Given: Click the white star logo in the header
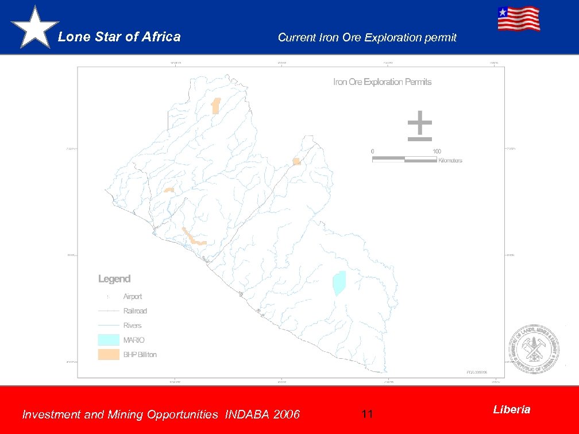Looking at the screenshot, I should click(x=34, y=28).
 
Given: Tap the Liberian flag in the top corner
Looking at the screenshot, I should click(x=519, y=18).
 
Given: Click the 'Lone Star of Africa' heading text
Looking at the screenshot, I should click(x=119, y=37).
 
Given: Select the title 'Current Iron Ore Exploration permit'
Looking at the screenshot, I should click(x=367, y=38).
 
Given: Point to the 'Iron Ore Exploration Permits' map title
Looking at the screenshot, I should click(x=383, y=82).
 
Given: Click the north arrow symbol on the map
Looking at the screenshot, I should click(x=420, y=126).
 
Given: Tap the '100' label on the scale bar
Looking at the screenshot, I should click(x=437, y=152).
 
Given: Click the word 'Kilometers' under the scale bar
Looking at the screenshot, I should click(x=450, y=161).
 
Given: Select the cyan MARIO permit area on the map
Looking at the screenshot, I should click(x=339, y=283).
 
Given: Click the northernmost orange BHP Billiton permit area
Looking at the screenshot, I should click(x=216, y=106).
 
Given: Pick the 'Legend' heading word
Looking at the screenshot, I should click(x=114, y=279).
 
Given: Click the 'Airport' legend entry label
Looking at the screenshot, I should click(x=133, y=297).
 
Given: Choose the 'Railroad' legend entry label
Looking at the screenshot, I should click(x=135, y=311).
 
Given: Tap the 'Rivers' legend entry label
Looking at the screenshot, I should click(x=133, y=325).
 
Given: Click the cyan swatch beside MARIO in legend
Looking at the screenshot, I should click(x=109, y=340).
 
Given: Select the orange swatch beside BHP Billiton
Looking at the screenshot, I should click(x=109, y=355).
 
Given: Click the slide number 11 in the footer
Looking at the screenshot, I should click(x=368, y=414).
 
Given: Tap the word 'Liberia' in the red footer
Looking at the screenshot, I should click(x=512, y=409).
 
